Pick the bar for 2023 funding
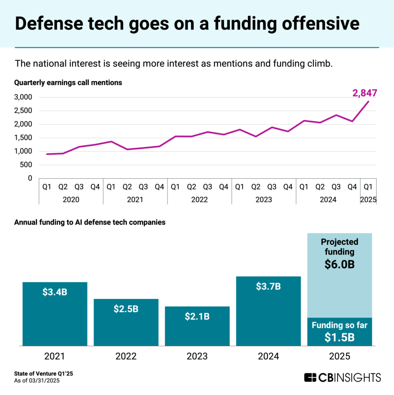197,326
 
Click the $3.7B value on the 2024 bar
268,286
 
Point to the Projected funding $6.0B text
339,253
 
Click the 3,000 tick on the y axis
23,97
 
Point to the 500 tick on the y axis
26,165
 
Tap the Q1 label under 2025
368,187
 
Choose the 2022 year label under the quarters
199,199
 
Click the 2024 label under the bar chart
268,356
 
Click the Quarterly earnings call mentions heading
68,83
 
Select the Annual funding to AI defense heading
90,222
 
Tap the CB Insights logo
343,378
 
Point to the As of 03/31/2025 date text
37,380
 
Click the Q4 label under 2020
95,187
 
